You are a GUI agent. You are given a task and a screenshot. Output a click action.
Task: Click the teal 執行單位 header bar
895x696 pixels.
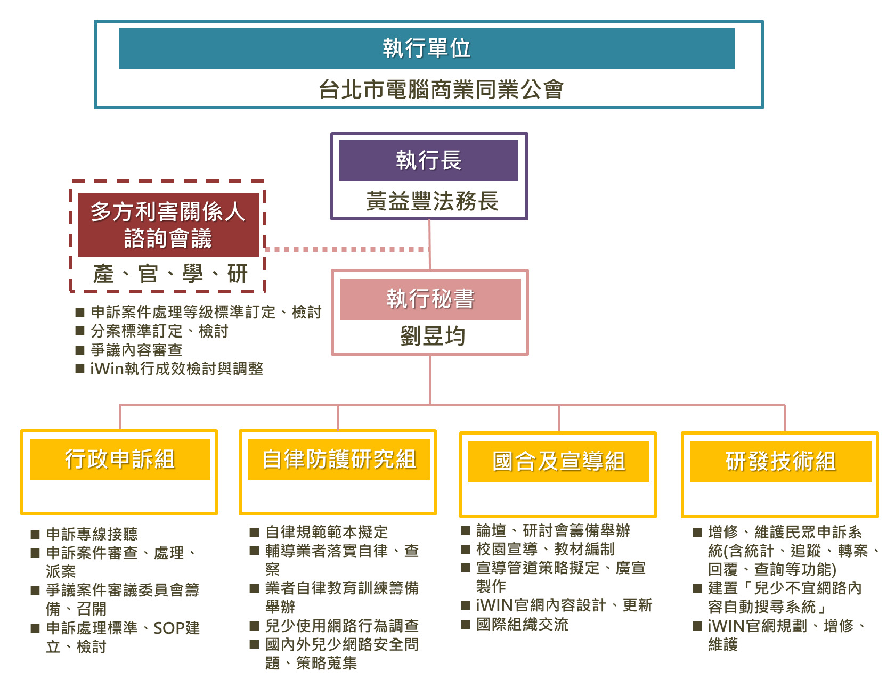(x=427, y=48)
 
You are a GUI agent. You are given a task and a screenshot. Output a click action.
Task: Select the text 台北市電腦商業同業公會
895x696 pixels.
(x=441, y=89)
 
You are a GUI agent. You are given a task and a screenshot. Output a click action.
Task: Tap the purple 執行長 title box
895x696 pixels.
(x=428, y=160)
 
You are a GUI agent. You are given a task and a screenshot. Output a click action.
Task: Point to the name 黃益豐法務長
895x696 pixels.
(x=432, y=201)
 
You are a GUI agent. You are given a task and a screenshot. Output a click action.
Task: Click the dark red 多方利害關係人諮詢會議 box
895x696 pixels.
(x=168, y=225)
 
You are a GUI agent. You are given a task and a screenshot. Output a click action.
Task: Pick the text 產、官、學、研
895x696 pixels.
(x=170, y=274)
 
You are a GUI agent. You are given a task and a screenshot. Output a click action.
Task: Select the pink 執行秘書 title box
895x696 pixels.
(x=430, y=299)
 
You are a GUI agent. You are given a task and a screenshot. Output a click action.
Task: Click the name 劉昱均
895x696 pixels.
(x=433, y=337)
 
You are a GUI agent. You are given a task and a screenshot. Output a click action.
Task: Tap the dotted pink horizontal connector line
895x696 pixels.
(x=346, y=249)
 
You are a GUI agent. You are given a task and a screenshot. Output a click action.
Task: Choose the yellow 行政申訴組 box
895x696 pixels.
(x=120, y=459)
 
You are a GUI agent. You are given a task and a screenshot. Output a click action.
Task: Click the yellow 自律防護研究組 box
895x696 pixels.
(x=339, y=459)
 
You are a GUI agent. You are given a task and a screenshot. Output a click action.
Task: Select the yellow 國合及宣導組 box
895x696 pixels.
(x=559, y=461)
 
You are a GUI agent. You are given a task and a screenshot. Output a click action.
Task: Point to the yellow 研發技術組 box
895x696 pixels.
(x=780, y=461)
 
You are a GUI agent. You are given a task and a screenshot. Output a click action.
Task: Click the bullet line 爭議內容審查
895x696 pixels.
(x=136, y=350)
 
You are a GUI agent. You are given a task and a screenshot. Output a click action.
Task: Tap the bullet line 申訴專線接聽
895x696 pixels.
(x=92, y=534)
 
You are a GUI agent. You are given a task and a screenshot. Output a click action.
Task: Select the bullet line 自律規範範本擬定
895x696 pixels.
(x=327, y=532)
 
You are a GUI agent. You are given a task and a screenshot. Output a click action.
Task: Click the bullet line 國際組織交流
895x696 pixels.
(x=522, y=624)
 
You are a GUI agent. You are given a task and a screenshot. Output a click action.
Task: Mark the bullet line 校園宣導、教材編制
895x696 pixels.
(x=546, y=549)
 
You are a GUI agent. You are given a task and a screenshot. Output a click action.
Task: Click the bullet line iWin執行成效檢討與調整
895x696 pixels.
(x=176, y=369)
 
